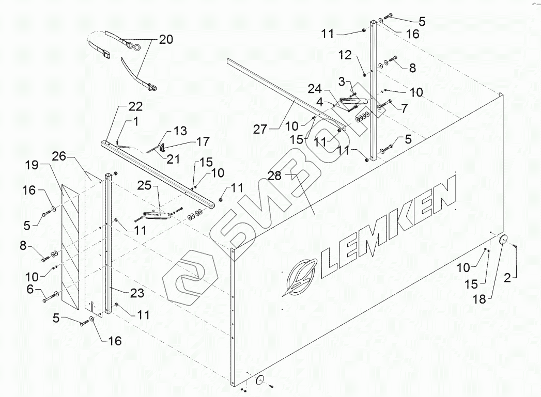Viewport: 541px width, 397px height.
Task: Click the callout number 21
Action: tap(171, 156)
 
